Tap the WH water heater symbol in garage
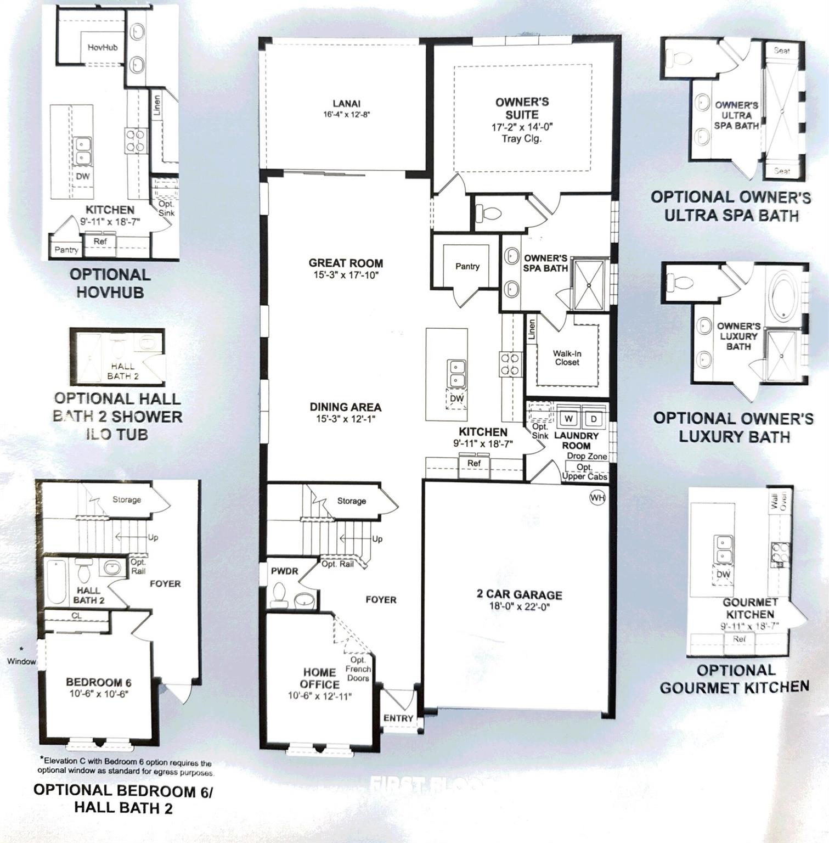click(x=597, y=498)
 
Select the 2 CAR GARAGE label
click(x=518, y=595)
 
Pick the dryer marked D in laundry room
click(x=594, y=419)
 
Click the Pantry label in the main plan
click(x=467, y=266)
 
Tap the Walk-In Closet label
click(x=567, y=358)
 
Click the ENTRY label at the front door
click(x=398, y=718)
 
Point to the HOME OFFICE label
click(x=320, y=678)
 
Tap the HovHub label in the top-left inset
click(x=103, y=47)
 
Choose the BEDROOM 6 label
click(x=98, y=682)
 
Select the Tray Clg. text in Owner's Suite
click(x=522, y=139)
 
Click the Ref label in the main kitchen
click(x=474, y=463)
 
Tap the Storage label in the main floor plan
click(x=352, y=501)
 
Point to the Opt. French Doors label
click(x=358, y=669)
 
